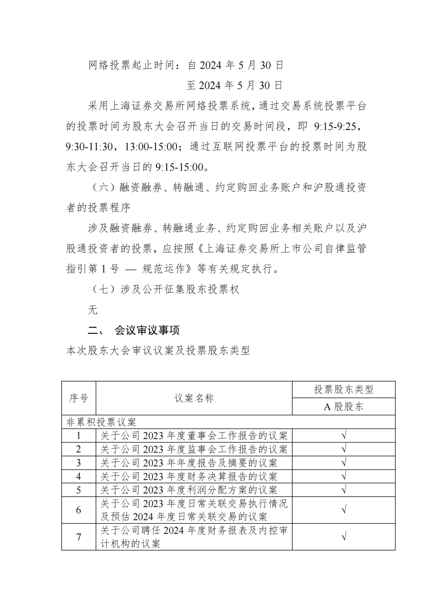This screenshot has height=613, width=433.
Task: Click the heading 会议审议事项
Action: [x=147, y=330]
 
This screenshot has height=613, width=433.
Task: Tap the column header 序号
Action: [x=79, y=398]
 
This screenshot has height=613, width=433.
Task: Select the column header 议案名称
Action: [x=194, y=398]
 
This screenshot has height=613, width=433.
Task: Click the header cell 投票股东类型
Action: [x=344, y=389]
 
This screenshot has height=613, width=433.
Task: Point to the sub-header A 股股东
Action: [x=344, y=407]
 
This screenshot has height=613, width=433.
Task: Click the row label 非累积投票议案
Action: [x=101, y=422]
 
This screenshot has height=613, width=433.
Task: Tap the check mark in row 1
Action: [x=344, y=436]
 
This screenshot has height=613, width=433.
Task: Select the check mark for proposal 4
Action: [x=344, y=477]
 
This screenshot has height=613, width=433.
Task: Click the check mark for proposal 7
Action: [x=344, y=537]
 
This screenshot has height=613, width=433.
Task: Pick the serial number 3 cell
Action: [x=79, y=463]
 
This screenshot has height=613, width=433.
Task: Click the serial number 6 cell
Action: [x=79, y=510]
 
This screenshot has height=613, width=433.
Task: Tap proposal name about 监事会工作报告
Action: [x=194, y=449]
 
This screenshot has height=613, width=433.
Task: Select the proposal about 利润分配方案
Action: [x=189, y=490]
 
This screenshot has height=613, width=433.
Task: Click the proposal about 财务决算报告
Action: [x=189, y=477]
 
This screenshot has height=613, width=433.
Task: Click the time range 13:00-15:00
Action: [x=151, y=147]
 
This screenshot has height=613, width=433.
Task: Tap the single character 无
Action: [x=93, y=310]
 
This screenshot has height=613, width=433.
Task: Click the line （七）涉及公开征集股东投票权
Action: [x=165, y=289]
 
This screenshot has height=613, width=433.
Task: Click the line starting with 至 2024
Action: [x=235, y=86]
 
